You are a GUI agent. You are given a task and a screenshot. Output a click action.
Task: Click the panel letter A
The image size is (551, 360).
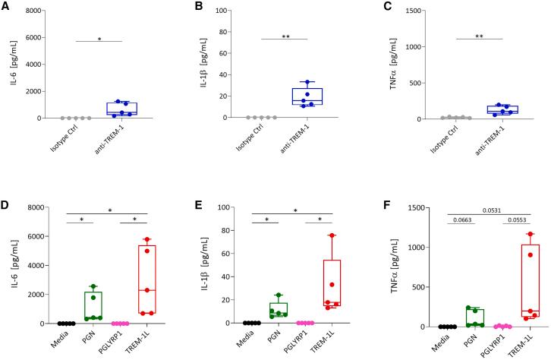click(5, 6)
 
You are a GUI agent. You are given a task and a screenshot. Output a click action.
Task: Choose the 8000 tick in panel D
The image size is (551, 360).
click(31, 207)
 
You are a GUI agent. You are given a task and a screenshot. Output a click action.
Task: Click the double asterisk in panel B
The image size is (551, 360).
click(284, 35)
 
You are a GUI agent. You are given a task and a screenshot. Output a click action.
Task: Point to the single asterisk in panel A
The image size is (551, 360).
click(99, 35)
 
